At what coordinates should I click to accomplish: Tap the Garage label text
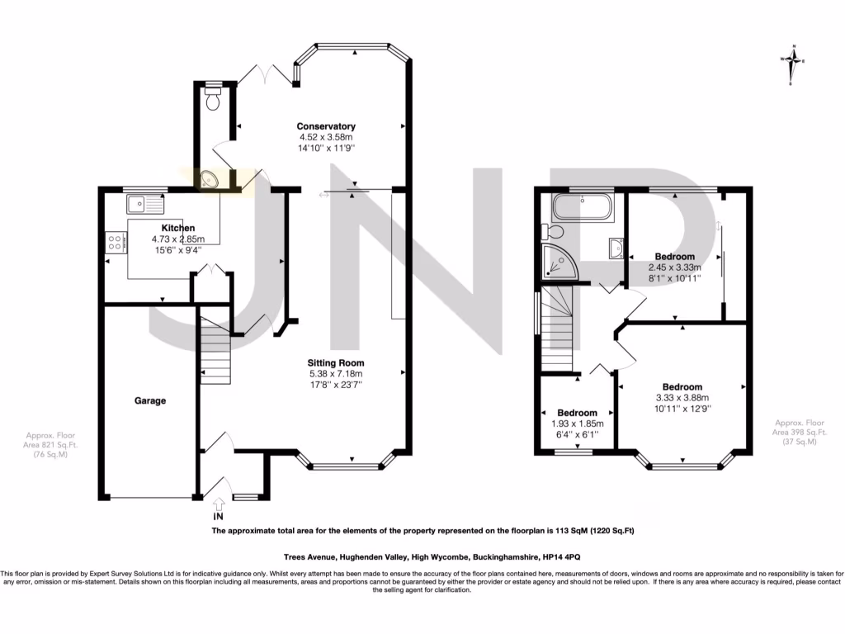(150, 400)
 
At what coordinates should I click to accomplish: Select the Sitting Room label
(335, 362)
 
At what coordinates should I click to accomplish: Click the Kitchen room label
(178, 228)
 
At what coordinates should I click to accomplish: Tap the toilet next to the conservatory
(214, 100)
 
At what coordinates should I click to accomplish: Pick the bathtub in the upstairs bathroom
(582, 206)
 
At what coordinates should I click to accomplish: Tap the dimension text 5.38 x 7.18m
(336, 373)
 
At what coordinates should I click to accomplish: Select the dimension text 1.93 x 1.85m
(577, 423)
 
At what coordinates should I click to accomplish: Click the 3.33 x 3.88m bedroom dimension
(682, 397)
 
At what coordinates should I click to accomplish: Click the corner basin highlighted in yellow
(209, 180)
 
